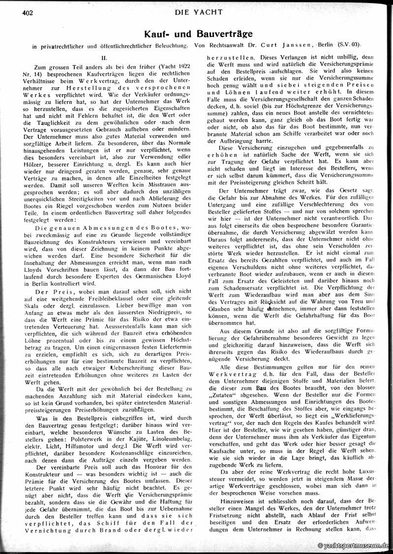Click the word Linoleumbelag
[x=168, y=423]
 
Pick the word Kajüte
[x=144, y=423]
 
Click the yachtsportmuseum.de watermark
[x=355, y=546]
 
